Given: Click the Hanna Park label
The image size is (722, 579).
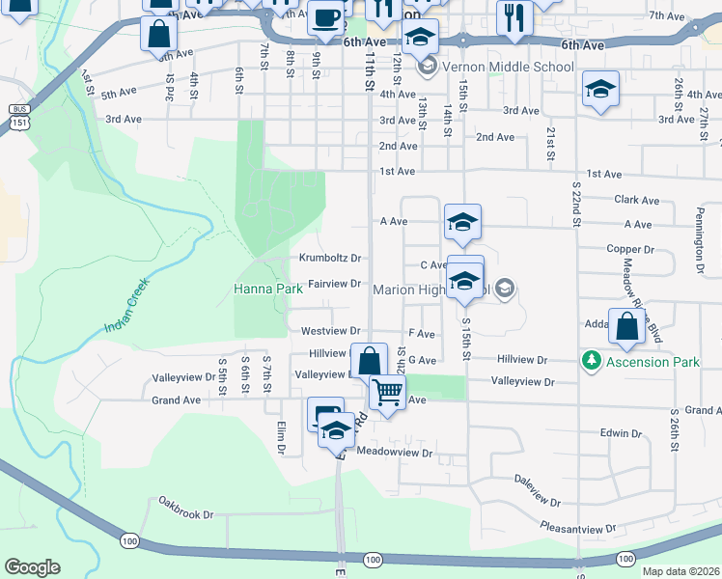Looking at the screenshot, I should pyautogui.click(x=261, y=289).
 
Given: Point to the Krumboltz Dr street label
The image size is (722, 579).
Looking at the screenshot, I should pyautogui.click(x=329, y=259).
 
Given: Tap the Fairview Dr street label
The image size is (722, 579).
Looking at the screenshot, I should pyautogui.click(x=333, y=284).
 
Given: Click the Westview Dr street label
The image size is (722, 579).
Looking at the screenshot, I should pyautogui.click(x=330, y=331).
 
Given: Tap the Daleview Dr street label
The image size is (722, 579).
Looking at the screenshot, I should pyautogui.click(x=538, y=490).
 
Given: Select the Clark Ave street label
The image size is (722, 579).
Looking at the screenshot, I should pyautogui.click(x=636, y=201).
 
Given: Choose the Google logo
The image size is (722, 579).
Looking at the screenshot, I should pyautogui.click(x=32, y=567).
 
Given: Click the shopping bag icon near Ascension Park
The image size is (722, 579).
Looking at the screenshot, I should pyautogui.click(x=627, y=328).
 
